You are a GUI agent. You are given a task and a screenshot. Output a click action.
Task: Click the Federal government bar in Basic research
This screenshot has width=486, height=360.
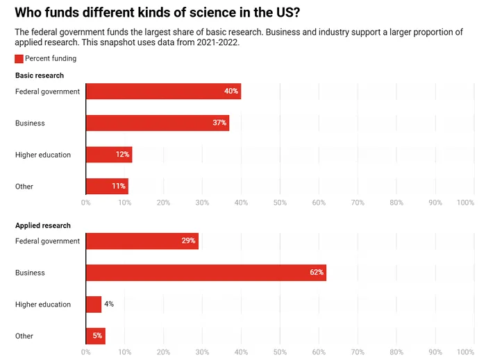coord(163,91)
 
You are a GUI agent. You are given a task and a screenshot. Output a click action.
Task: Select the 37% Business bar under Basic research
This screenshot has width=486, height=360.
coord(157,123)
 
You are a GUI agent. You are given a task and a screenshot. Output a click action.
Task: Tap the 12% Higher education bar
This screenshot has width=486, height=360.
coord(108,155)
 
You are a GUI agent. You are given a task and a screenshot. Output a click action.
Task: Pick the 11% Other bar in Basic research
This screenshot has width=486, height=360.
coord(107,186)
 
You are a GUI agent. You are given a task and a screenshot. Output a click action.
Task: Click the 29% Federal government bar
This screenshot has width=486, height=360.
coord(142,241)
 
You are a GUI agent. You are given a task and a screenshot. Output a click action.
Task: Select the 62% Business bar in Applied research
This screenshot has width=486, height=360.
coord(206,273)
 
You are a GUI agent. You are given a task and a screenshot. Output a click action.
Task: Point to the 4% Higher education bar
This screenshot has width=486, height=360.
coord(94,305)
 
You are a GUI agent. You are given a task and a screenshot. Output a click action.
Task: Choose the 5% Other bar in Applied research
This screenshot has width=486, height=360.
coord(95,336)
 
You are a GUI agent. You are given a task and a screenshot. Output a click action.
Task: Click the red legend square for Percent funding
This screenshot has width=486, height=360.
coord(19,59)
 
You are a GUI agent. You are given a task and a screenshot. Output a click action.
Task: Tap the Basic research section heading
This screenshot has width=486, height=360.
coord(40,76)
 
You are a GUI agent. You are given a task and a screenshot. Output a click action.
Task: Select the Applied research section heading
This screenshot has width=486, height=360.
coord(43,225)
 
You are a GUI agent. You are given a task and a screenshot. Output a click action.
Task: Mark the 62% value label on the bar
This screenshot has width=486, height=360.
coord(317,273)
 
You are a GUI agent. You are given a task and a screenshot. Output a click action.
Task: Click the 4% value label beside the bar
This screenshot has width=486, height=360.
coord(109,305)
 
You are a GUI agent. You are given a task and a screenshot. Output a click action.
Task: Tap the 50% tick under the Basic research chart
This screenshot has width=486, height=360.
coord(280,203)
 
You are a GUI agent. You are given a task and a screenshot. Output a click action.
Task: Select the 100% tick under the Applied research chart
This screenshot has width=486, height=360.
coord(466,352)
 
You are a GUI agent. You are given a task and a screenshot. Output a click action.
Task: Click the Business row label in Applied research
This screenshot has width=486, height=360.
coord(30,273)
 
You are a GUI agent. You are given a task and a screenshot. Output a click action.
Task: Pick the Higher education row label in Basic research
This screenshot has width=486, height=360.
coord(43,155)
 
